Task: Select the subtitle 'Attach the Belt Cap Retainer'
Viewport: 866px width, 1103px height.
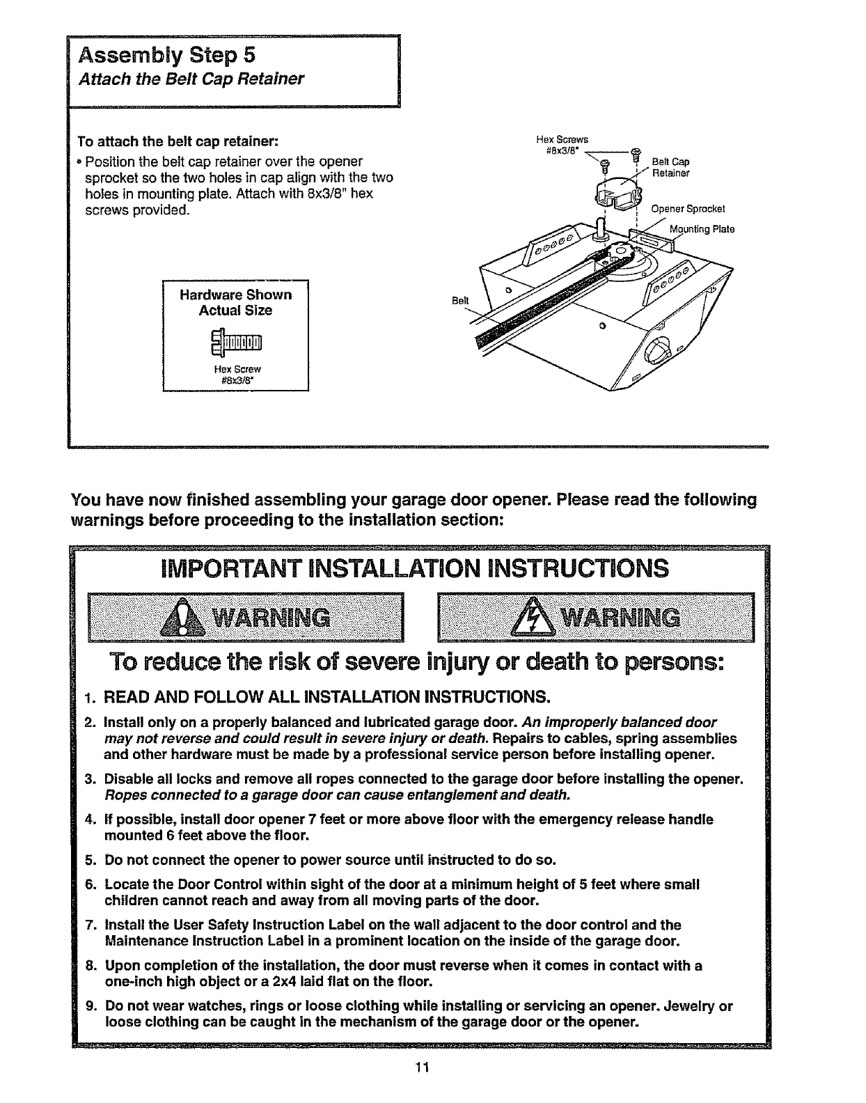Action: pos(191,79)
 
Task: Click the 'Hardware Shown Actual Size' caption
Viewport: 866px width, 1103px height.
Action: pos(235,302)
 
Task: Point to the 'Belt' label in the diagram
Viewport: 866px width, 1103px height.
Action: pos(460,300)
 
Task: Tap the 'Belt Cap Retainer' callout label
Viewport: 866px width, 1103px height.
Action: pos(670,168)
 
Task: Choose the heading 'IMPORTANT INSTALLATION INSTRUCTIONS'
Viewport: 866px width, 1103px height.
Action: pos(414,569)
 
